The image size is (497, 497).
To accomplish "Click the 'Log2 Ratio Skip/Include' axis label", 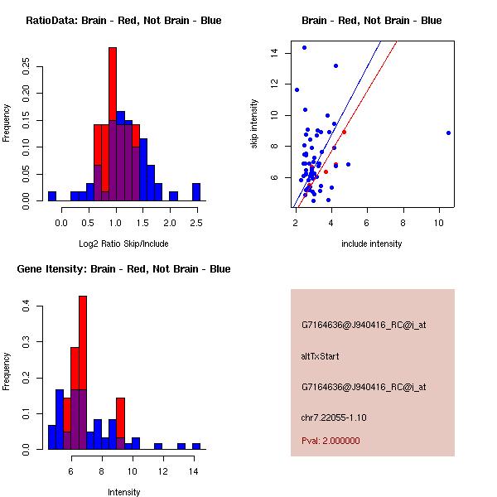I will click(x=122, y=244).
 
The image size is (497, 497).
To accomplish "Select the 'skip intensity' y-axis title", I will click(x=254, y=124).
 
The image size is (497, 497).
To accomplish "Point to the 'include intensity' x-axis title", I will click(x=372, y=244).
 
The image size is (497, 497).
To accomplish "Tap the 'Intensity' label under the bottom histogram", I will click(x=123, y=492).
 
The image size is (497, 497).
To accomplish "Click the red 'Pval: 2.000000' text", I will click(x=331, y=441).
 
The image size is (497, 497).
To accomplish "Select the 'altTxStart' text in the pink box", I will click(x=321, y=356).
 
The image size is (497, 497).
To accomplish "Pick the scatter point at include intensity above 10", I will click(x=448, y=133).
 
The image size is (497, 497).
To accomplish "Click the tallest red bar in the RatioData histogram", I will click(x=113, y=83).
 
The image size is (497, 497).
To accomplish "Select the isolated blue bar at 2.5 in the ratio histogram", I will click(x=196, y=191).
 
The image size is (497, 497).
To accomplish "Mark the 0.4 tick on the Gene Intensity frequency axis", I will click(x=27, y=306).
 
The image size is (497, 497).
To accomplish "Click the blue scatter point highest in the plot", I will click(x=304, y=47).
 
